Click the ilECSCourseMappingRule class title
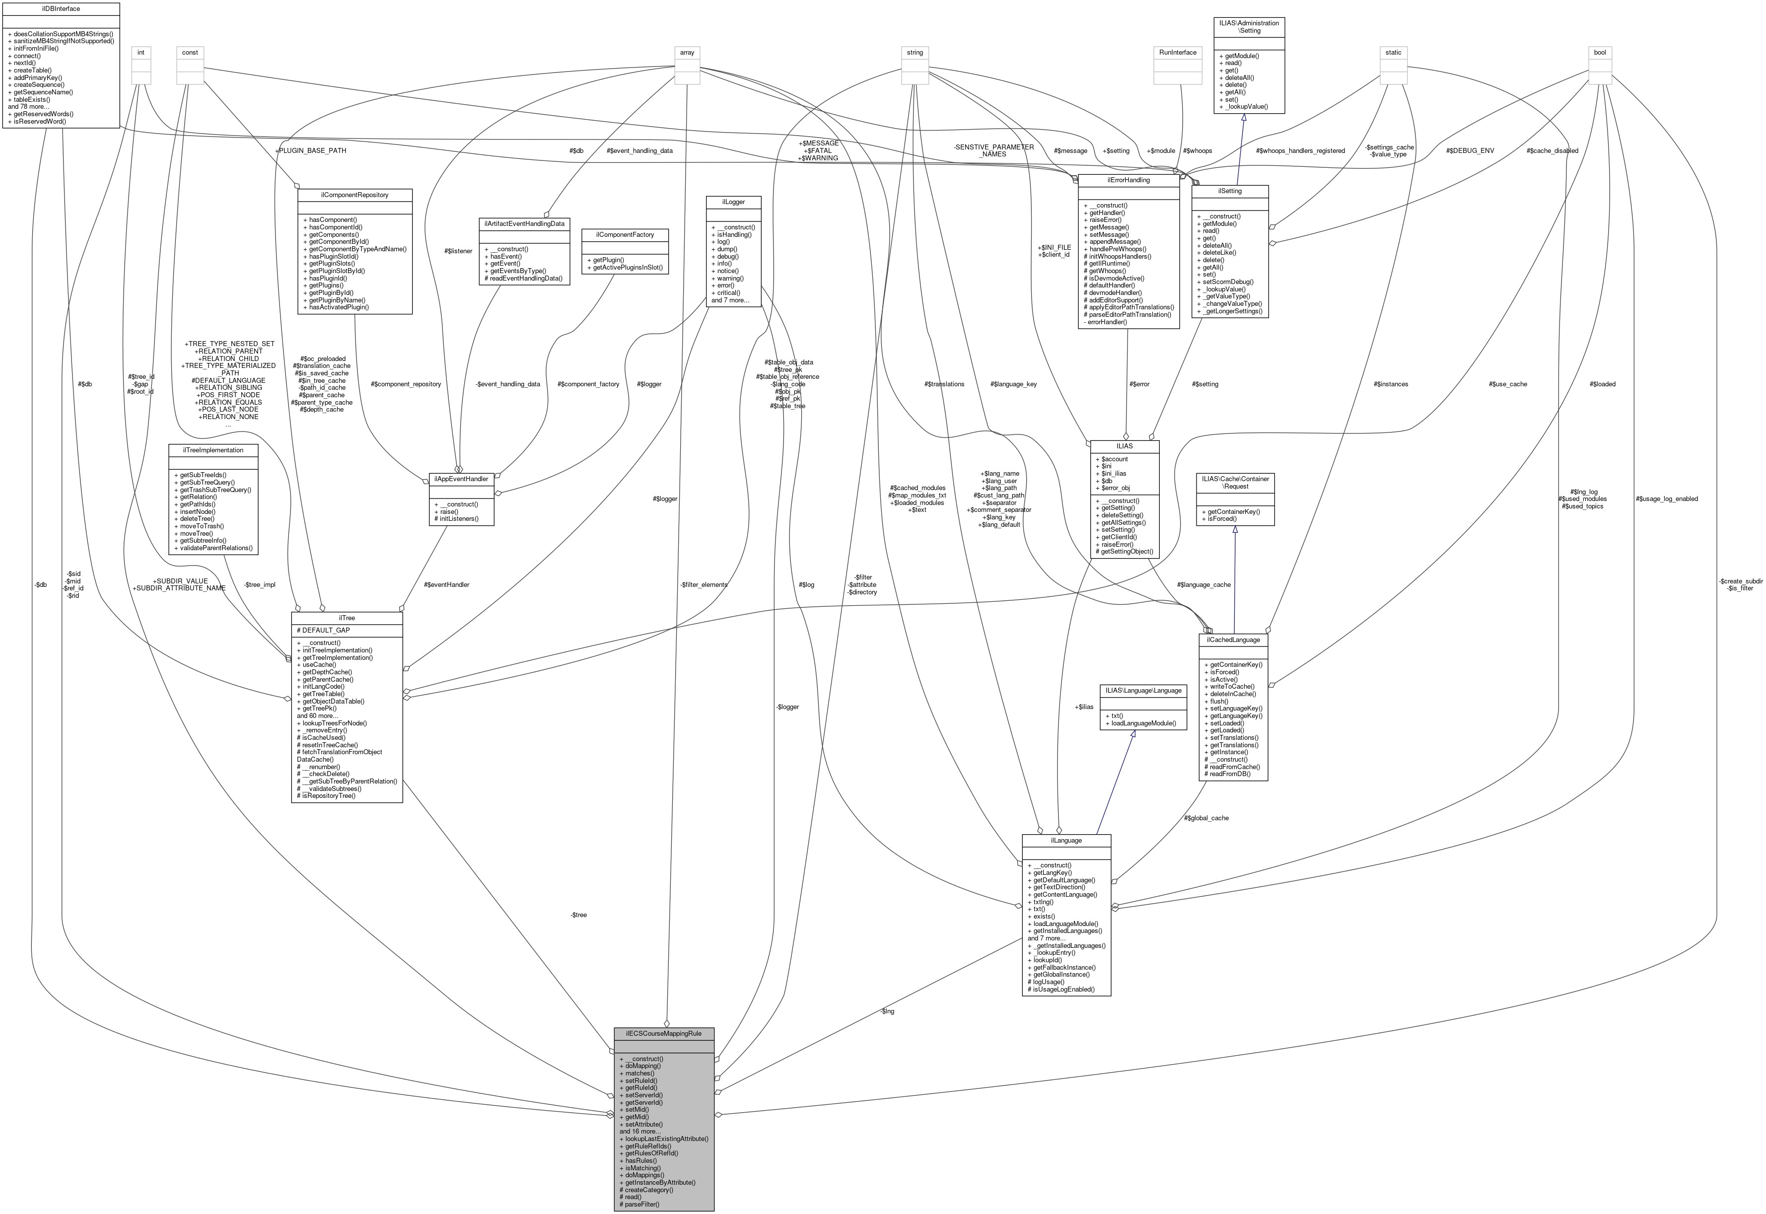point(663,1034)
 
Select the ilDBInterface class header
point(61,9)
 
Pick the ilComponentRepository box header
point(354,195)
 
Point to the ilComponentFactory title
point(625,234)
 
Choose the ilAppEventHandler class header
point(461,479)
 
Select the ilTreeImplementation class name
point(213,450)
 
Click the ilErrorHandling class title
point(1128,180)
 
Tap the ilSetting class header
point(1229,191)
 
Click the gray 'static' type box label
point(1393,53)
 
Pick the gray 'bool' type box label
point(1600,53)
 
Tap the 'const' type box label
point(190,53)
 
